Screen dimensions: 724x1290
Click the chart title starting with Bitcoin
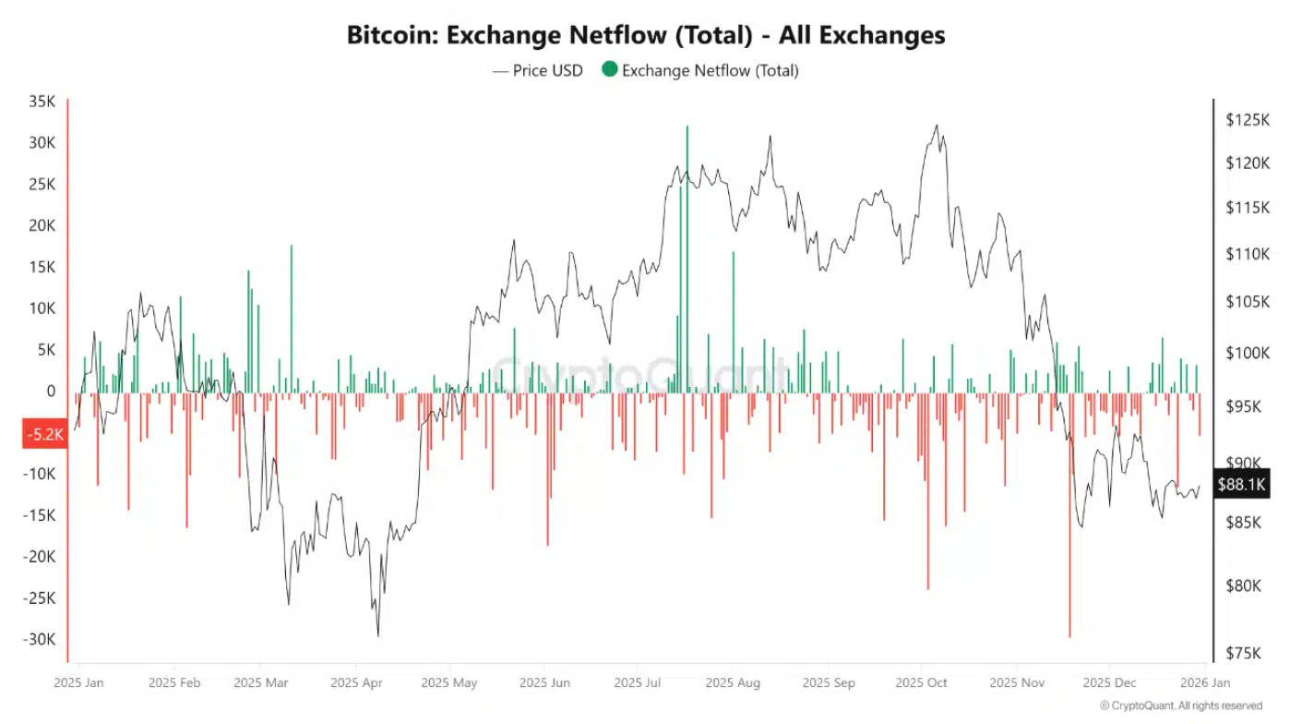[x=645, y=35]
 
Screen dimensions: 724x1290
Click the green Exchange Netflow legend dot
[x=609, y=69]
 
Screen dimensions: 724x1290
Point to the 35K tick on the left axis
[x=42, y=102]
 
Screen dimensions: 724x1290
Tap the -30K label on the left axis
[x=39, y=639]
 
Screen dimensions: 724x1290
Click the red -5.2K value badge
[x=43, y=434]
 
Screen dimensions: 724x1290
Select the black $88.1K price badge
[x=1242, y=484]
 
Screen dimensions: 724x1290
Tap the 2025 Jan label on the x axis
[x=78, y=683]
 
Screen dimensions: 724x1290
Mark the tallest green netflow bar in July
[x=687, y=259]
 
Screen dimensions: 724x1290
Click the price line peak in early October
[x=937, y=126]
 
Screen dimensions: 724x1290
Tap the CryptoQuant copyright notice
[x=1181, y=706]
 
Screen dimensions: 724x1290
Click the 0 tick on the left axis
[x=51, y=392]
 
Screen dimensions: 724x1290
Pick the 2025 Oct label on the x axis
[x=921, y=683]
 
